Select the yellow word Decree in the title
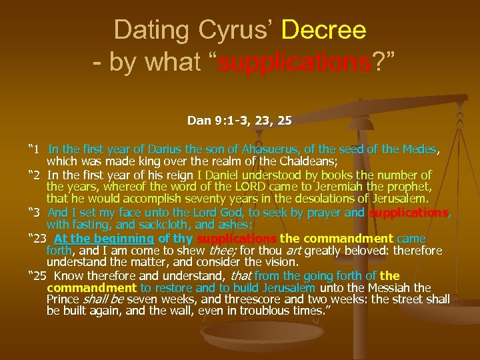point(324,29)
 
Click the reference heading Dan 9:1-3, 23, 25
point(239,121)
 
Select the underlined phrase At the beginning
point(104,238)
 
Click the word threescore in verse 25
point(263,300)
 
